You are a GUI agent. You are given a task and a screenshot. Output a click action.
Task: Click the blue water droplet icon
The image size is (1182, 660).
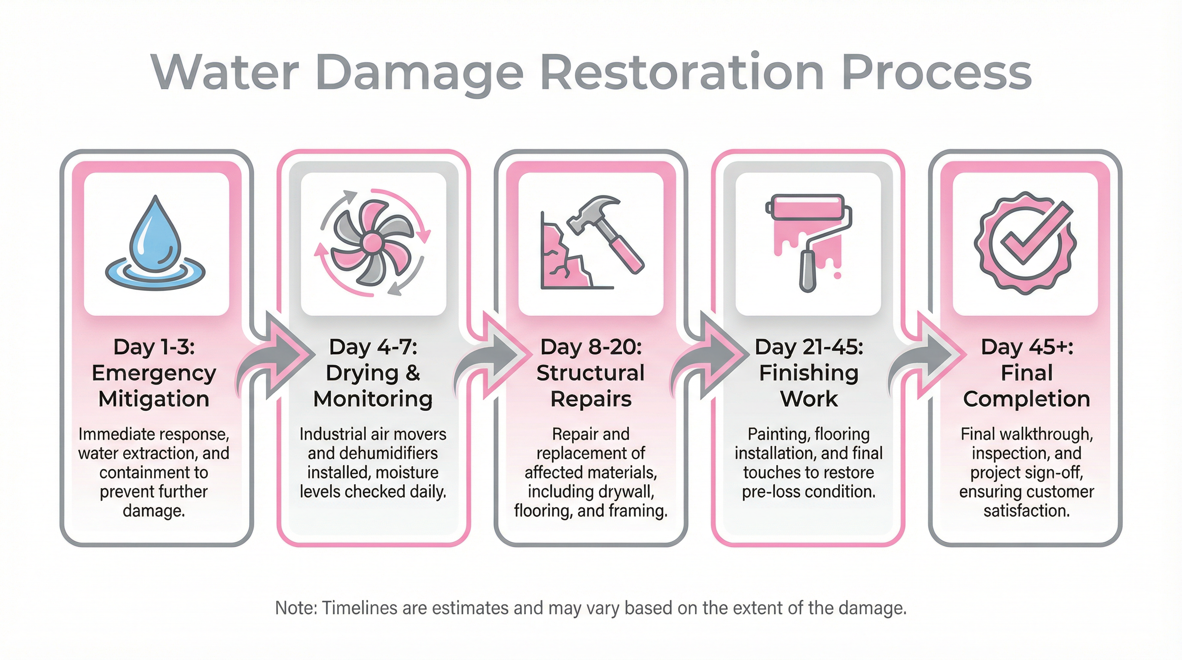[155, 234]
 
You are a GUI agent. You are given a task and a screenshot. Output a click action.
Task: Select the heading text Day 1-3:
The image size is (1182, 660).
[154, 347]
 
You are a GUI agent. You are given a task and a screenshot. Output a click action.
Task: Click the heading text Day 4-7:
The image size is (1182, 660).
[373, 347]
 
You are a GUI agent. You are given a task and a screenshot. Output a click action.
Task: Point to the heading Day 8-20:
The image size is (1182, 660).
[591, 347]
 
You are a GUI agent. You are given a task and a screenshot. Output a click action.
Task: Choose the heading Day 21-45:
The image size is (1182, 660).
[808, 347]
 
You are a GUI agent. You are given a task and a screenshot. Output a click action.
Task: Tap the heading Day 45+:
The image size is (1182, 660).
[1027, 347]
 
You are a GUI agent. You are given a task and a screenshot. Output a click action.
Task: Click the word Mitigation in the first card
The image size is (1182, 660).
[154, 399]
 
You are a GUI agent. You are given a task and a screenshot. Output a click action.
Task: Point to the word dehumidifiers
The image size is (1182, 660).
[372, 453]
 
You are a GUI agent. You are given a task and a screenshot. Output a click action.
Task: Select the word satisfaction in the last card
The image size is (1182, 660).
[1027, 511]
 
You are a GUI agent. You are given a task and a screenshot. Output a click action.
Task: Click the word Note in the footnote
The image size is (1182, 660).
[296, 608]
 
